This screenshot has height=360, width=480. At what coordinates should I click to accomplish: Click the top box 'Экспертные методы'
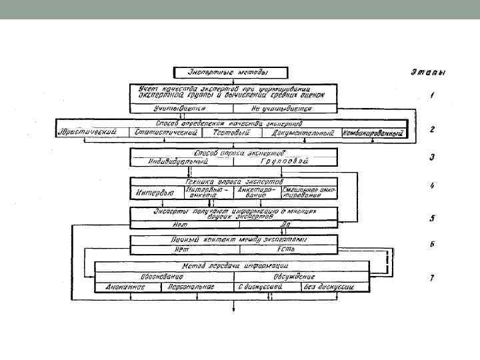click(231, 72)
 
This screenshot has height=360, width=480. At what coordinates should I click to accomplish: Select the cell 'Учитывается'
click(180, 107)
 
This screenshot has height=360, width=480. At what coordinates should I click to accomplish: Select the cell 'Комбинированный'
click(374, 133)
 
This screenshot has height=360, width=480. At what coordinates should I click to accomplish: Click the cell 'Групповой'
click(285, 161)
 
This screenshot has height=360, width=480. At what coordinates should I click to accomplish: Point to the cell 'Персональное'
click(194, 287)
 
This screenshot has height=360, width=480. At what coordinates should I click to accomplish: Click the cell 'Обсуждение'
click(294, 276)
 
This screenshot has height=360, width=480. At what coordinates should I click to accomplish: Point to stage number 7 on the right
click(432, 277)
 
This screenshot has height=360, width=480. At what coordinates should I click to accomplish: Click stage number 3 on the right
click(432, 158)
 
